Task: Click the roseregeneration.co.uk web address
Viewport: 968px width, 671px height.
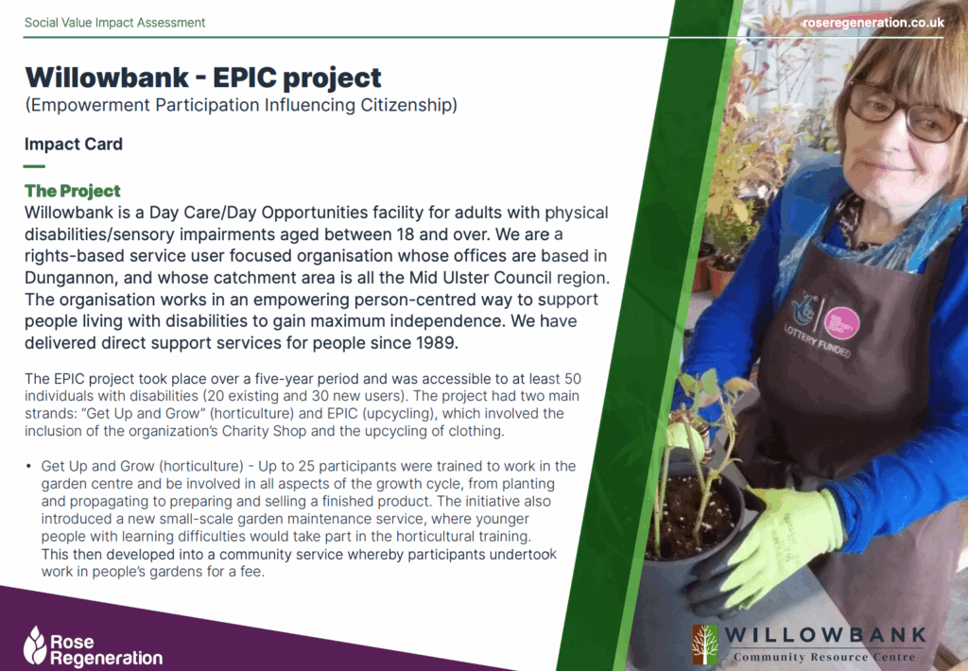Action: [873, 23]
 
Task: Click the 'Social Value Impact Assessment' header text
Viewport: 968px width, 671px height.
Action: [114, 23]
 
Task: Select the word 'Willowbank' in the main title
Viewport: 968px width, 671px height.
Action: [107, 77]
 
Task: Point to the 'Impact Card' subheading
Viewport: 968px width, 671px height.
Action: [74, 144]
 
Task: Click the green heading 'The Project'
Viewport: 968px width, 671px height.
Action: [72, 191]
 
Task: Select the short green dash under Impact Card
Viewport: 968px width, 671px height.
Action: [35, 166]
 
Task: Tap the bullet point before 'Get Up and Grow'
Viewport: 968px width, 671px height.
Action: [28, 466]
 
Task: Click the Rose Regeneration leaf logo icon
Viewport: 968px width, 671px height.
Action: [35, 645]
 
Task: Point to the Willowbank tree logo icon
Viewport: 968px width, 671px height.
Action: [705, 644]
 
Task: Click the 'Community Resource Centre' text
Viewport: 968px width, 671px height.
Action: [824, 657]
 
